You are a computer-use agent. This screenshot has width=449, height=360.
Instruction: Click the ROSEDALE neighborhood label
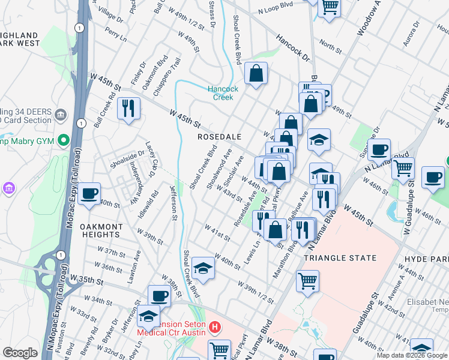[x=220, y=137]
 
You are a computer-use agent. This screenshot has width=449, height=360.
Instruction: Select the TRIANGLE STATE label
[x=340, y=258]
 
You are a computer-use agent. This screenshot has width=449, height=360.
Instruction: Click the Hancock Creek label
[x=223, y=93]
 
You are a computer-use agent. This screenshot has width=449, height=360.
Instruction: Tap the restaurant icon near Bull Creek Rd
[x=128, y=109]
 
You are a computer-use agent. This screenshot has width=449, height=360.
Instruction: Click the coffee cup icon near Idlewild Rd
[x=89, y=193]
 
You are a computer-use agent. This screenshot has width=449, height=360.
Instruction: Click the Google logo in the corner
[x=20, y=353]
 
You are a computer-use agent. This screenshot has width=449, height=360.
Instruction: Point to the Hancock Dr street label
[x=292, y=48]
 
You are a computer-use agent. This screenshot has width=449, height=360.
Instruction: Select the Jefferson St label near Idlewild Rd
[x=173, y=204]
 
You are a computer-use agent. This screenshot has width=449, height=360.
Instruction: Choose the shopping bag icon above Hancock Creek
[x=256, y=74]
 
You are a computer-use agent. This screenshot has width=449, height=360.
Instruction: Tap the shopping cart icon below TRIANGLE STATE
[x=307, y=281]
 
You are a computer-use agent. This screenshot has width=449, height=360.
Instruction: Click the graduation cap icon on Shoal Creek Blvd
[x=203, y=269]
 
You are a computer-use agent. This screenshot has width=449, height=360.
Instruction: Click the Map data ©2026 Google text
[x=411, y=355]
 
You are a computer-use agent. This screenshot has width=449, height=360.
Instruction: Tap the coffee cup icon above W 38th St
[x=160, y=296]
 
